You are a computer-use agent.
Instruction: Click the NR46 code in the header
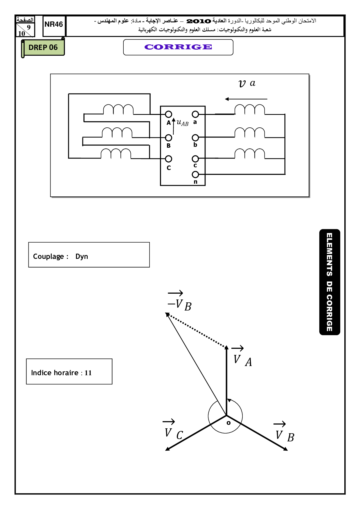tap(54, 24)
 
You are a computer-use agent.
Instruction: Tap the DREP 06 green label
tap(43, 47)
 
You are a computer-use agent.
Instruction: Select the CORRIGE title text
tap(178, 47)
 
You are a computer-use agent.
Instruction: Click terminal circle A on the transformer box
tap(168, 114)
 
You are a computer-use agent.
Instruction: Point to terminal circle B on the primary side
tap(168, 138)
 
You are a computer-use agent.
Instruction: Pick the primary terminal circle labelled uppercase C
tap(168, 159)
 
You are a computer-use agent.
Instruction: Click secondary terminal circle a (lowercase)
tap(195, 114)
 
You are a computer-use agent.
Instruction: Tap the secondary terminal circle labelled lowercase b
tap(195, 138)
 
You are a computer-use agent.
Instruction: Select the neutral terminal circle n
tap(195, 174)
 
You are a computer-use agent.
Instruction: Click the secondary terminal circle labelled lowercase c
tap(195, 159)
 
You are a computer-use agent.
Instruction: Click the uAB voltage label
tap(182, 123)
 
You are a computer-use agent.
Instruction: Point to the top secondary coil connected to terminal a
tap(250, 110)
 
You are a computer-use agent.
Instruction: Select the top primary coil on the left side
tap(118, 109)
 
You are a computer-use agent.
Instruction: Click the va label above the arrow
tap(247, 83)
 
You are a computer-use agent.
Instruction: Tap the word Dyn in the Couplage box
tap(82, 257)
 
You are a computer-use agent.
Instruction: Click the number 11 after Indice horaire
tap(88, 373)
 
